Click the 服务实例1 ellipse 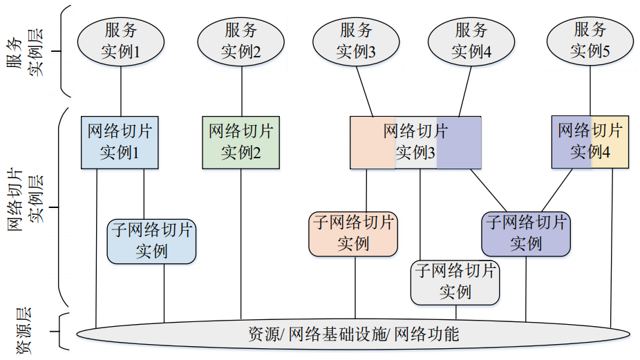click(121, 41)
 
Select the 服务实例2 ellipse click(241, 41)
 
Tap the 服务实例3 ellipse click(356, 41)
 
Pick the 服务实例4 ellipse click(471, 41)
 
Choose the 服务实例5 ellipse click(590, 41)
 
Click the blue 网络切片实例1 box click(120, 142)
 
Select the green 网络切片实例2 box click(241, 142)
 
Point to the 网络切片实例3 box click(415, 142)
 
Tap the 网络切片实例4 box click(590, 142)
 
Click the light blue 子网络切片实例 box click(152, 241)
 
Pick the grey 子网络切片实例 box click(455, 282)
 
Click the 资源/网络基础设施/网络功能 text click(353, 335)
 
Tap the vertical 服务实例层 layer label click(33, 52)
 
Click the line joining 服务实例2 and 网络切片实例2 click(241, 89)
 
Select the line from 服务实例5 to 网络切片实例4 click(590, 89)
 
